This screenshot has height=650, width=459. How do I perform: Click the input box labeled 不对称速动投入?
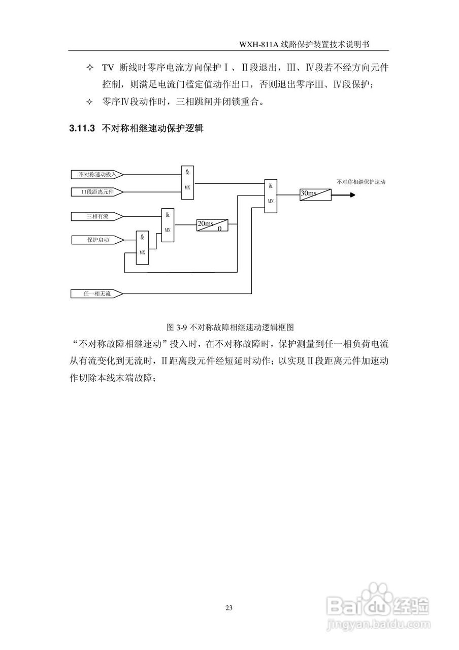point(97,174)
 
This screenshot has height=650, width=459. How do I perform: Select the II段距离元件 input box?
point(97,191)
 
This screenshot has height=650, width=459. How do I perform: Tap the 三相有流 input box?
point(97,216)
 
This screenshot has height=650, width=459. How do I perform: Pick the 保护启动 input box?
point(97,239)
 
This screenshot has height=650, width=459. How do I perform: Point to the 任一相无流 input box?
point(97,294)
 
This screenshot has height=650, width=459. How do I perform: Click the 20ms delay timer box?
point(212,225)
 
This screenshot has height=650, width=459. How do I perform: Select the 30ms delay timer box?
point(315,193)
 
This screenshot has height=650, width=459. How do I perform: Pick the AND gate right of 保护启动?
point(142,247)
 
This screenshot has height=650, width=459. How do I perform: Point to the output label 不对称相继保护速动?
point(361,181)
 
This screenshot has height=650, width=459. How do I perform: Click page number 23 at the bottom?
point(229,608)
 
